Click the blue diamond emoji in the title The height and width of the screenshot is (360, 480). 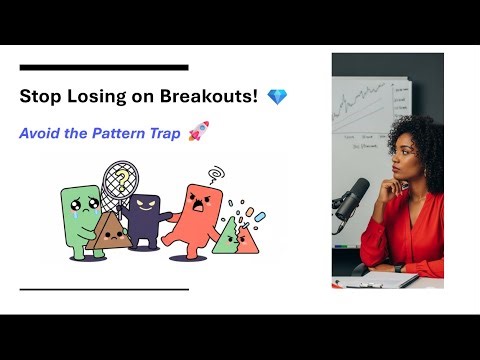(277, 97)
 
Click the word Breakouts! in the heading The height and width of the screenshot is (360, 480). (214, 97)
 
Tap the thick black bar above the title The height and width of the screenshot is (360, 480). (104, 67)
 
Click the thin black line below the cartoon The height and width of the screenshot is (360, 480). (104, 289)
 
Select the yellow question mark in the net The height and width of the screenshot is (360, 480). (121, 181)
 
